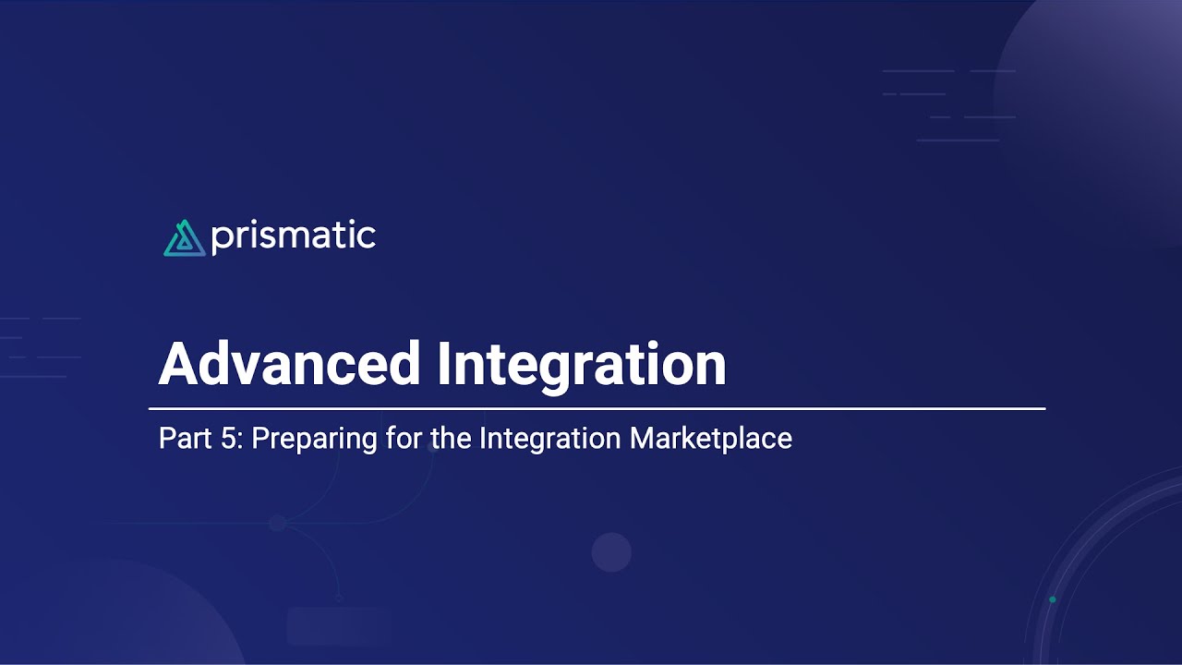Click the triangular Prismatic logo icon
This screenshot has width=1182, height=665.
(184, 237)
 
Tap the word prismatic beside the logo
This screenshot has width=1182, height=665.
(293, 237)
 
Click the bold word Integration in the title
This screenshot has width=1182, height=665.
(581, 364)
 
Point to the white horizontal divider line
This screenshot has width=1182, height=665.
(597, 408)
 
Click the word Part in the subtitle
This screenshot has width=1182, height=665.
(180, 438)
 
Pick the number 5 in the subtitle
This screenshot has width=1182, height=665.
(229, 438)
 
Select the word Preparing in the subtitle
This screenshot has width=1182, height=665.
(314, 438)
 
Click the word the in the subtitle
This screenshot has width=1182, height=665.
(452, 438)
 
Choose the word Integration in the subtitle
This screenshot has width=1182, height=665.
(550, 438)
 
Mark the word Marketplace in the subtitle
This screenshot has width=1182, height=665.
(710, 438)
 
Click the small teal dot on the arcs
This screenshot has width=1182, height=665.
(1052, 600)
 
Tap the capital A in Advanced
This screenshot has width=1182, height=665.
(177, 364)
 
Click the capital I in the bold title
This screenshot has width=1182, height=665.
(444, 364)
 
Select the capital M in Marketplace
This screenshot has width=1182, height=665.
(642, 438)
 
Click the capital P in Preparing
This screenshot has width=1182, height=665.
(259, 438)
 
